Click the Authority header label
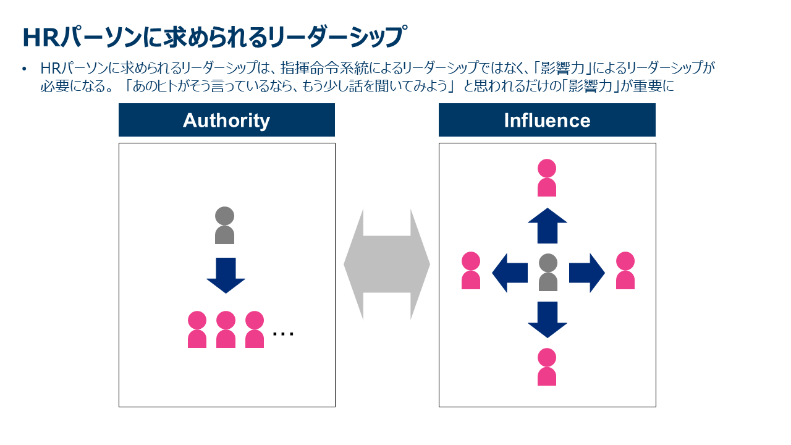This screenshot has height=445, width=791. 226,120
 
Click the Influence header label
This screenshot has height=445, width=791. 547,120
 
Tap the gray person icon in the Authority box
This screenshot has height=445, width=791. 224,226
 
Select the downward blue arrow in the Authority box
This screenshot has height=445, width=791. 226,275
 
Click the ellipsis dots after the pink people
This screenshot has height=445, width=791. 283,334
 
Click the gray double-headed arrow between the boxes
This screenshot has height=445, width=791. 387,265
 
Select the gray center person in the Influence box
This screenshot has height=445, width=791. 548,273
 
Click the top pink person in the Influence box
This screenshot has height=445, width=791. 547,178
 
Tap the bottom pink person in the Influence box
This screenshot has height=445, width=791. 547,367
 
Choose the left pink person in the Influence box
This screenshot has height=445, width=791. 471,271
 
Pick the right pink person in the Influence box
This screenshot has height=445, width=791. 625,271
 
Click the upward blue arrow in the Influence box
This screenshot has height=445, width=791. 547,226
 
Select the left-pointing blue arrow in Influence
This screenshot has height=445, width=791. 510,273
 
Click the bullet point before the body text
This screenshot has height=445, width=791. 25,69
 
